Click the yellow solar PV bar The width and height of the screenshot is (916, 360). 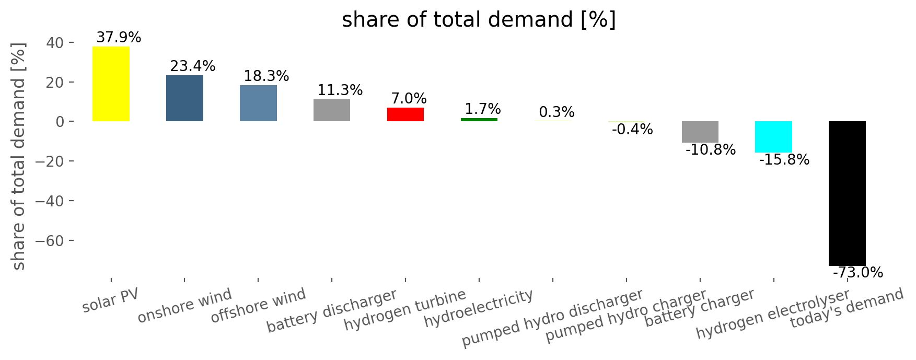click(x=111, y=84)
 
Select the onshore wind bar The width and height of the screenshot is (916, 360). click(x=184, y=98)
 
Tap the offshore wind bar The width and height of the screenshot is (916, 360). click(x=258, y=103)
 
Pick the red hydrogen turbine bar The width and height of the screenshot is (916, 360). click(x=405, y=114)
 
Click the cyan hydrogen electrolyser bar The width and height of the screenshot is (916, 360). click(x=773, y=137)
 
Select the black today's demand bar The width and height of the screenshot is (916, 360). click(x=847, y=193)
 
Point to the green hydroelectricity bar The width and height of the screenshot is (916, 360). click(x=479, y=120)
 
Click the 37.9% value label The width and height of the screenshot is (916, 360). click(x=119, y=38)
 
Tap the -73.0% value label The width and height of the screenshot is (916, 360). click(x=857, y=273)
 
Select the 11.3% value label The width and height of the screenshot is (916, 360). click(x=340, y=90)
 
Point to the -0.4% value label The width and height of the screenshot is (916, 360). click(x=632, y=130)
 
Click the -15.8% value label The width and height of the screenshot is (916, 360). click(x=784, y=160)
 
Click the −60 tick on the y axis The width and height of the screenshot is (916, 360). click(x=51, y=240)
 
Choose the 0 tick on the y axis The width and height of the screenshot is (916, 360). click(x=61, y=122)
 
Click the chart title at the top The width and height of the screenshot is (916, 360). click(x=479, y=20)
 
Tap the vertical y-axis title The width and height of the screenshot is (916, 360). click(x=19, y=157)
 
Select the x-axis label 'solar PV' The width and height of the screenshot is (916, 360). click(x=111, y=300)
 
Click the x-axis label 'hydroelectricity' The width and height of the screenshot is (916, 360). click(x=479, y=308)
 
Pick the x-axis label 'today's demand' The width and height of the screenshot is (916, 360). click(x=847, y=308)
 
